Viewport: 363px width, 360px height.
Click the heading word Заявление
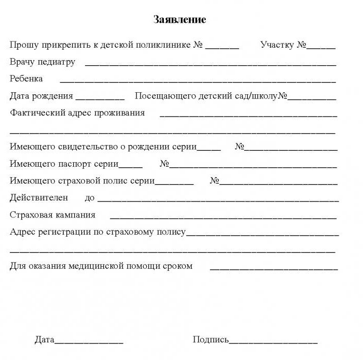coord(180,20)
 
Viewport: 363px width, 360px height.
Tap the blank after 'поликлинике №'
coord(222,47)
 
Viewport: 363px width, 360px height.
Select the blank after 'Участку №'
coord(321,47)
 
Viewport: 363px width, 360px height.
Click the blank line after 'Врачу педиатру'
coord(210,64)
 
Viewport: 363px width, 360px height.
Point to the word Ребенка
coord(26,79)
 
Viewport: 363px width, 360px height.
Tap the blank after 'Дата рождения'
coord(100,97)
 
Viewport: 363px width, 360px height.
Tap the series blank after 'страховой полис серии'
coord(174,183)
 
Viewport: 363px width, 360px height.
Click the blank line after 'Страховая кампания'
coord(224,217)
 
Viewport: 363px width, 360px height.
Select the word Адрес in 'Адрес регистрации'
coord(22,232)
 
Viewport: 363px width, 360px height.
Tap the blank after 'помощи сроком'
coord(273,268)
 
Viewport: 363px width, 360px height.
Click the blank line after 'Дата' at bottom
coord(89,342)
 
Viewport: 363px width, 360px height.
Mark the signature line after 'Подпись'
coord(273,342)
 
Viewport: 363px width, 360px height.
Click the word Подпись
coord(211,340)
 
